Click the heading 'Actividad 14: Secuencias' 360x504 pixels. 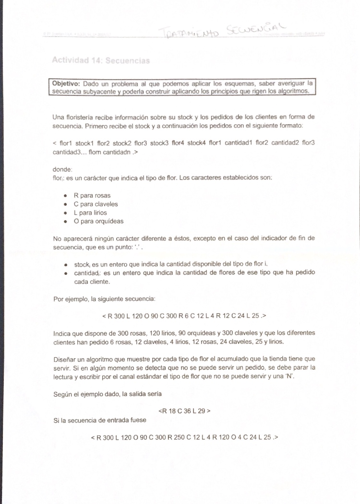click(x=101, y=61)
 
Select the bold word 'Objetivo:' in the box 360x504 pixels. click(x=67, y=84)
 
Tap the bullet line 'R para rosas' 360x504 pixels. click(x=94, y=196)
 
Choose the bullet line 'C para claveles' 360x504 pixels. click(x=96, y=204)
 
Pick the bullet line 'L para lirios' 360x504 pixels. click(x=90, y=213)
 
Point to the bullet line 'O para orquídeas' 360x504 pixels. click(x=98, y=222)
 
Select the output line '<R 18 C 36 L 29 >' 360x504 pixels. click(x=184, y=411)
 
